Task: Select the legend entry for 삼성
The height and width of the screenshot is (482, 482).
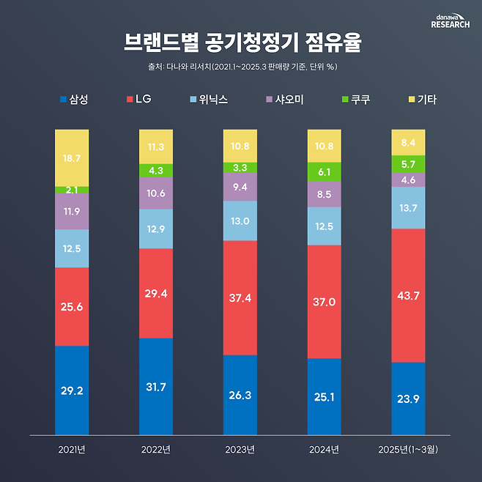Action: coord(73,100)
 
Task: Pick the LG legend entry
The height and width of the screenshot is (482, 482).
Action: coord(138,100)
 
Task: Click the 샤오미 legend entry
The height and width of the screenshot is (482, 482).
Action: coord(283,100)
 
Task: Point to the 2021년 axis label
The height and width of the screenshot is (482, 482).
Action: coord(72,448)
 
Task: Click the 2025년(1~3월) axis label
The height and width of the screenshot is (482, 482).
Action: coord(409,448)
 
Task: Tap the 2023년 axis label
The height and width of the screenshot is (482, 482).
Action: coord(240,448)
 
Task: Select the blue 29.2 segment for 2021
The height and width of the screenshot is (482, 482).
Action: coord(72,390)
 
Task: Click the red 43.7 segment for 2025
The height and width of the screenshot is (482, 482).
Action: coord(409,295)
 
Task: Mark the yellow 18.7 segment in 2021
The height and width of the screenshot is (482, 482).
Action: coord(72,157)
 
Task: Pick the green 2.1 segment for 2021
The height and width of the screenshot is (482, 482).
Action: coord(72,190)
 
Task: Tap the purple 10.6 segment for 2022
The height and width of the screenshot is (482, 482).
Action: coord(156,193)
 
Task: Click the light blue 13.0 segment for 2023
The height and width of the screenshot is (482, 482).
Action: coord(240,220)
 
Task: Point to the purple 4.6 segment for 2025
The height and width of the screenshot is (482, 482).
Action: coord(409,179)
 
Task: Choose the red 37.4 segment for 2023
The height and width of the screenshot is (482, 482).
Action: coord(240,297)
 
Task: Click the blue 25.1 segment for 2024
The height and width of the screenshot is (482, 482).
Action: coord(325,396)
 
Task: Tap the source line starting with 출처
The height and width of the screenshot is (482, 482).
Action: coord(241,67)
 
